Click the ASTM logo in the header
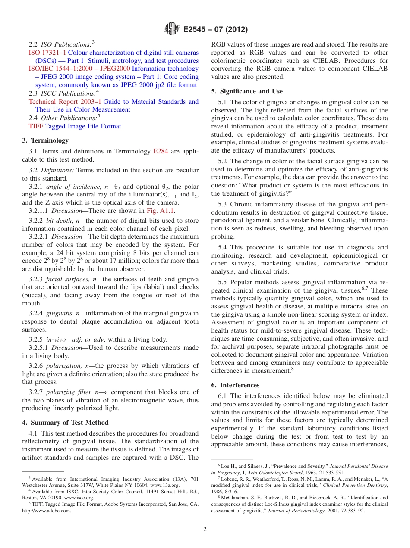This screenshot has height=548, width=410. click(x=172, y=30)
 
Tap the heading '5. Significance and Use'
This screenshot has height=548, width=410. click(x=247, y=91)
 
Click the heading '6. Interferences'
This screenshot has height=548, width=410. click(x=235, y=385)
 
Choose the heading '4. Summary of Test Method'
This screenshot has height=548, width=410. click(x=65, y=423)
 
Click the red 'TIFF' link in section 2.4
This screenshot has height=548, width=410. click(x=36, y=126)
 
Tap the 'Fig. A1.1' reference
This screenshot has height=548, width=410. click(x=161, y=211)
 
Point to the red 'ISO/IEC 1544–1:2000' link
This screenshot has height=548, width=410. click(x=58, y=69)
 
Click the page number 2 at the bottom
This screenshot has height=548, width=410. click(x=205, y=529)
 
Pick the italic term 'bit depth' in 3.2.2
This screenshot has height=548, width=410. click(x=59, y=221)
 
